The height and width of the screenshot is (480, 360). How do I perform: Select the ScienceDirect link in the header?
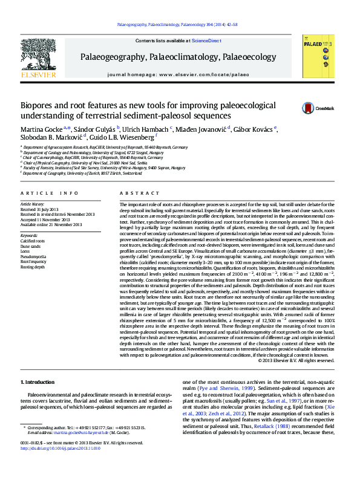point(206,41)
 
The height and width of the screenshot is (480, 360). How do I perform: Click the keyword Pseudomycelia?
point(33,256)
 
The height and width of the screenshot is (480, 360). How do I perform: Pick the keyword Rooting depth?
point(33,267)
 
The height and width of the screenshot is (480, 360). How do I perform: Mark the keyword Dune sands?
point(30,246)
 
